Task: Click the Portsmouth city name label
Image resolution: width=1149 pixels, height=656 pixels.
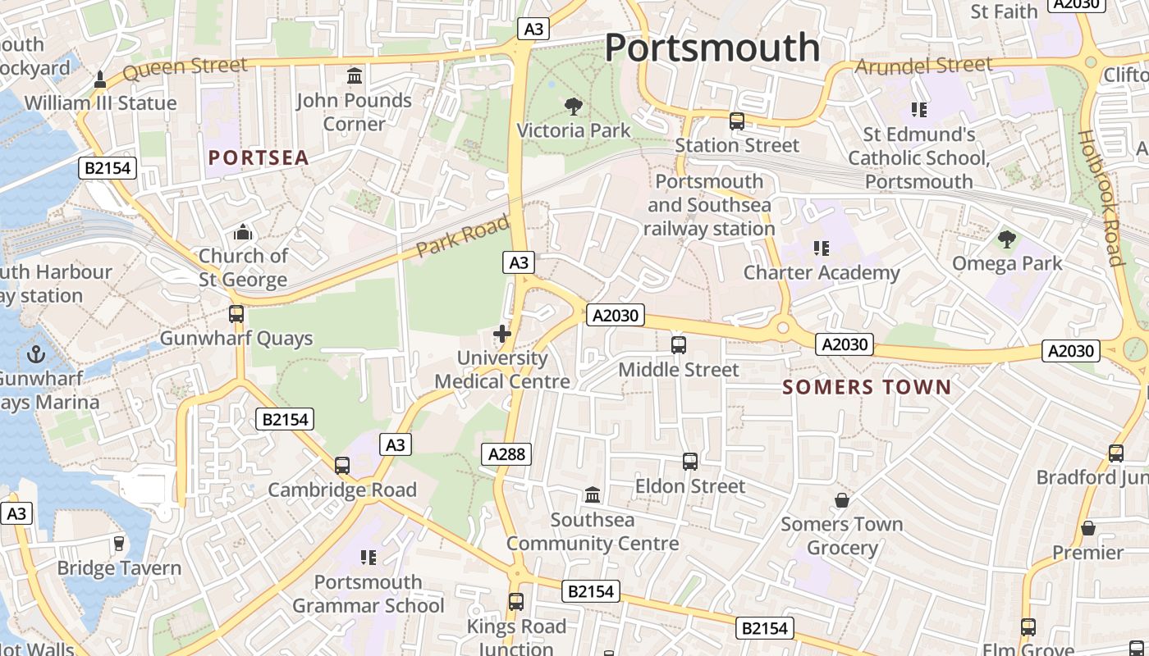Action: [x=712, y=48]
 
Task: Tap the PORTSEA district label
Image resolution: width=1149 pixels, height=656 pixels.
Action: [x=259, y=157]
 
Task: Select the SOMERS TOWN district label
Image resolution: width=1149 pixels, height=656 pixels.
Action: [x=867, y=387]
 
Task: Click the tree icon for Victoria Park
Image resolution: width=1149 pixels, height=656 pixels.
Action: [x=573, y=106]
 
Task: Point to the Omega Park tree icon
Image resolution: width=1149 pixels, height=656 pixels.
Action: [x=1006, y=239]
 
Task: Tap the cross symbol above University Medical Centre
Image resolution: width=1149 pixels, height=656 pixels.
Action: [x=502, y=334]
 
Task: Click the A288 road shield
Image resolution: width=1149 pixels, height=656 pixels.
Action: [x=509, y=454]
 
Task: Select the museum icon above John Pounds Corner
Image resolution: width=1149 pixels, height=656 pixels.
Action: [x=355, y=76]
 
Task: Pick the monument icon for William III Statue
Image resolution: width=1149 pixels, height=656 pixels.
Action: [x=100, y=80]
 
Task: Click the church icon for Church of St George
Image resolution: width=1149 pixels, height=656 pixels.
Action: [x=242, y=233]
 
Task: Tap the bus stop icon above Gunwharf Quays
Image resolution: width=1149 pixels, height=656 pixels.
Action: [x=236, y=314]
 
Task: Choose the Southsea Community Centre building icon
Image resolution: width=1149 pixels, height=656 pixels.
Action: [x=592, y=495]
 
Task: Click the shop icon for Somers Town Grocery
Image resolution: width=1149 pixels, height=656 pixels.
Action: [x=841, y=499]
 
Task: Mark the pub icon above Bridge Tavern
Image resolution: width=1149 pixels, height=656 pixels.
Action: [x=119, y=544]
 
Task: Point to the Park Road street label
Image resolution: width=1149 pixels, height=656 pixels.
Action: [x=462, y=236]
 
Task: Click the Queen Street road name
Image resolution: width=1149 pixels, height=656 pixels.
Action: [x=185, y=69]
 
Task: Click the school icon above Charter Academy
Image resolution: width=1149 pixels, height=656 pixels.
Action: [x=820, y=248]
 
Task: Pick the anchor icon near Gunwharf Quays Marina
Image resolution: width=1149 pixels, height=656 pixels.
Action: [x=35, y=354]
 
